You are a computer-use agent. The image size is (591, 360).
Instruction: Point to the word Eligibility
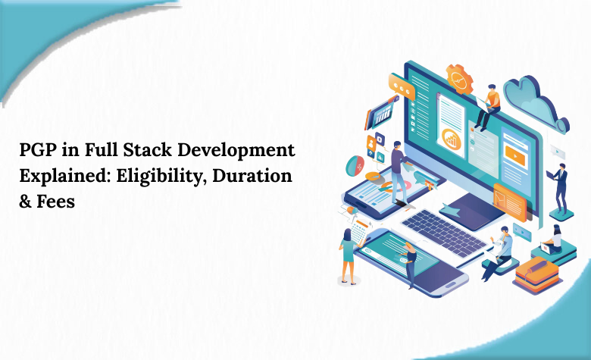(158, 177)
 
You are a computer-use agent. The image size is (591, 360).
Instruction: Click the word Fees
(55, 202)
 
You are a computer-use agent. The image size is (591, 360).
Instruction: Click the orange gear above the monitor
(459, 78)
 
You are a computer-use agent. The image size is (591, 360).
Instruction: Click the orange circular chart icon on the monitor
(452, 138)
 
